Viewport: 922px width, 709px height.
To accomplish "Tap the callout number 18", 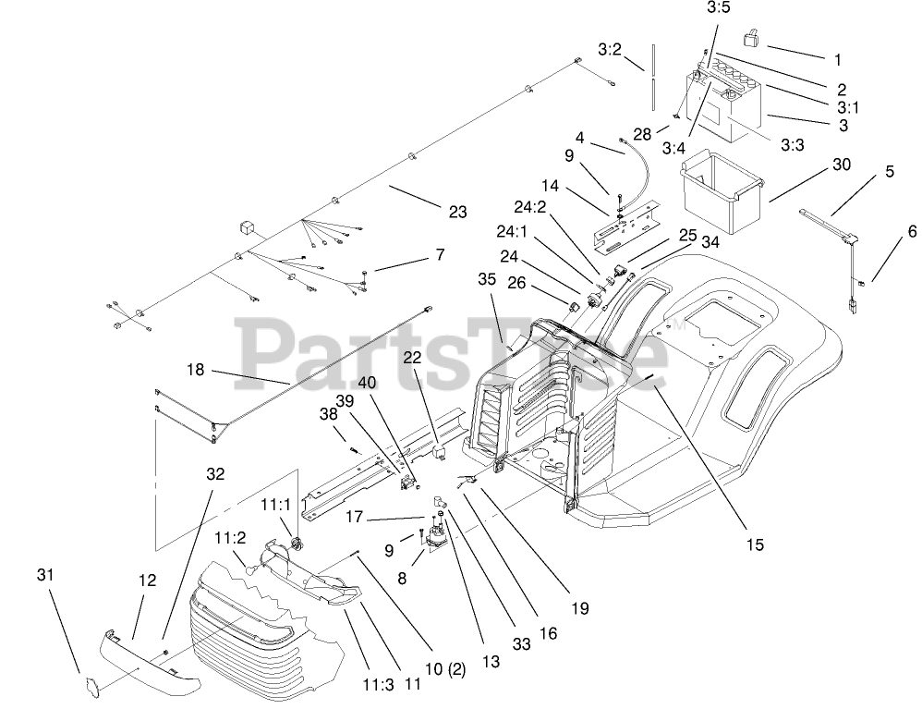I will tap(195, 370).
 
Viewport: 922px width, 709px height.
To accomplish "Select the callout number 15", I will tap(755, 544).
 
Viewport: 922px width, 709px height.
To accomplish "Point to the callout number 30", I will tap(841, 165).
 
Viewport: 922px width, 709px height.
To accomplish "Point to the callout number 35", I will tap(487, 278).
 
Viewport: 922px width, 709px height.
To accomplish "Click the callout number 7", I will tap(439, 254).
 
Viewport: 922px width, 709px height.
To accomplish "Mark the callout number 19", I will tap(579, 608).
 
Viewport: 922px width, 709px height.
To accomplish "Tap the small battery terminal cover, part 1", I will tap(750, 39).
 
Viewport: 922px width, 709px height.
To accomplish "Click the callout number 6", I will tap(886, 231).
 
